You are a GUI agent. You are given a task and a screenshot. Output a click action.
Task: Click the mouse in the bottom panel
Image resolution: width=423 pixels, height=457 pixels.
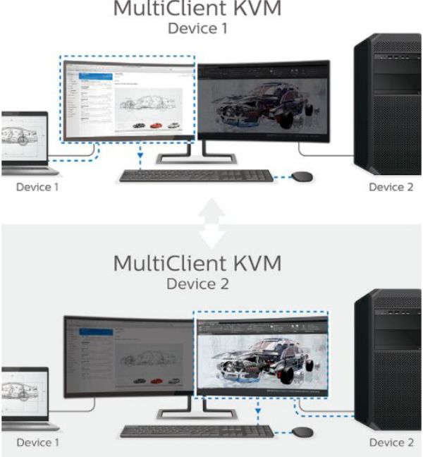(x=303, y=430)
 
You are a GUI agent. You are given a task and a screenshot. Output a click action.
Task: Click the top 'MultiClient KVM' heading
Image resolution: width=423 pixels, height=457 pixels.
(x=197, y=11)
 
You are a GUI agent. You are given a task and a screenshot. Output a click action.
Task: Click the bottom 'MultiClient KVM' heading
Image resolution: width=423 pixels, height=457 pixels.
(x=197, y=264)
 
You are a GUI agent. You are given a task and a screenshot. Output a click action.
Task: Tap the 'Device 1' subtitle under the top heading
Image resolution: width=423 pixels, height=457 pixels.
(x=197, y=29)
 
